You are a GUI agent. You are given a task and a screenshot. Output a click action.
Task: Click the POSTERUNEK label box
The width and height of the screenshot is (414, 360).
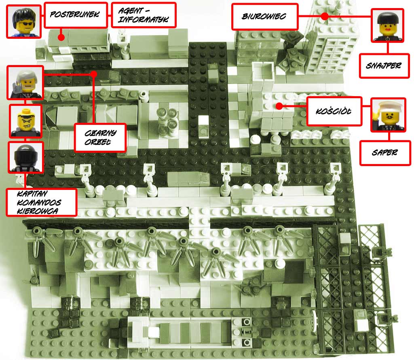tap(76, 15)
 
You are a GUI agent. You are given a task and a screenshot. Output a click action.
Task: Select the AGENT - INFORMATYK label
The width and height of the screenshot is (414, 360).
tap(144, 15)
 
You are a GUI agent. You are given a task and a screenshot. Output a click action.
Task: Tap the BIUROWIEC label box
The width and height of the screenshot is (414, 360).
tap(265, 16)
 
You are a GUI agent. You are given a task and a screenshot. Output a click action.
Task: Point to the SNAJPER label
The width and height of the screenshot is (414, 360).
tap(384, 65)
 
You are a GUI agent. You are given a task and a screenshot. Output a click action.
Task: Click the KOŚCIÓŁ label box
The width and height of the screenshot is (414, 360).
tap(334, 111)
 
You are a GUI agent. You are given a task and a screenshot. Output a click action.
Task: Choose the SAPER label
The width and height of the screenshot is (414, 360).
tap(385, 153)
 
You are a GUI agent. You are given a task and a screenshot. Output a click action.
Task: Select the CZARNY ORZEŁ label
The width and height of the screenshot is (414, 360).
tap(100, 137)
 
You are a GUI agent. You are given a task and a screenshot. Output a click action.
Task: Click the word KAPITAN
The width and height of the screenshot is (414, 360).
tap(32, 194)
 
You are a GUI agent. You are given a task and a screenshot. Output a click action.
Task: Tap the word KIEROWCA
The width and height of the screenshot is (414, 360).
tap(37, 211)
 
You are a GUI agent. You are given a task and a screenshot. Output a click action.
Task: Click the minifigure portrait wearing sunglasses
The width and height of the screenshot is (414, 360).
tap(24, 22)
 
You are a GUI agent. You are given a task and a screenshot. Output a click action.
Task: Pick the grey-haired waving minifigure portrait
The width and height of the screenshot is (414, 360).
tap(25, 82)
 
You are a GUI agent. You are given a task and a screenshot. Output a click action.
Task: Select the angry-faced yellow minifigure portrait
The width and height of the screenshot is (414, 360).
tap(25, 121)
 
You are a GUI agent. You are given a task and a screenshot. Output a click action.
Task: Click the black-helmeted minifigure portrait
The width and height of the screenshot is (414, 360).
tap(25, 157)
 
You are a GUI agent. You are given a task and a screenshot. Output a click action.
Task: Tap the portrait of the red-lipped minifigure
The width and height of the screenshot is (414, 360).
tap(387, 25)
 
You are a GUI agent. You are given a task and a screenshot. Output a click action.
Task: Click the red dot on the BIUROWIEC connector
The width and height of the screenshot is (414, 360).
tap(325, 16)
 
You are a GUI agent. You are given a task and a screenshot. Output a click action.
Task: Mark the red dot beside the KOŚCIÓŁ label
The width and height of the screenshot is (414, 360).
tap(279, 106)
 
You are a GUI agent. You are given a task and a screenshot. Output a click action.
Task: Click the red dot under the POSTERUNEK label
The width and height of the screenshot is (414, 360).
tap(61, 37)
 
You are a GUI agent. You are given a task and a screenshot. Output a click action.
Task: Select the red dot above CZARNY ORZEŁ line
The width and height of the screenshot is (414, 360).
tap(93, 74)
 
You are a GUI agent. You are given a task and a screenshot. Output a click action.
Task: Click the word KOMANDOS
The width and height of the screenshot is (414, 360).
tap(39, 203)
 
